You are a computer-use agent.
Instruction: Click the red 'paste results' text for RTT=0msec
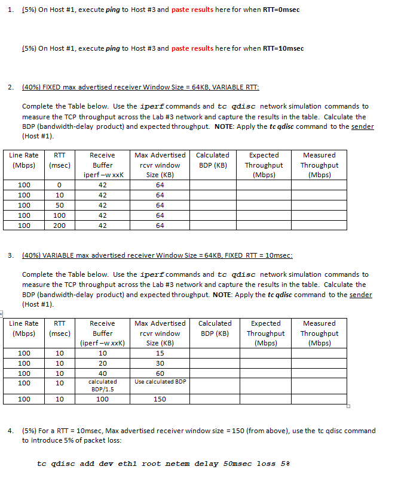click(x=192, y=10)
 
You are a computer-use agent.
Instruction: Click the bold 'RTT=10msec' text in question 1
click(x=283, y=48)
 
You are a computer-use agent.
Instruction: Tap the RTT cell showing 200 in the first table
click(x=60, y=226)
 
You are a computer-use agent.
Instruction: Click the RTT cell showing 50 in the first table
click(x=60, y=205)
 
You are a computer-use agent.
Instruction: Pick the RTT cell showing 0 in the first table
click(x=60, y=185)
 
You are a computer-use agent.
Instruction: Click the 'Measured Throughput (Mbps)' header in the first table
click(x=319, y=165)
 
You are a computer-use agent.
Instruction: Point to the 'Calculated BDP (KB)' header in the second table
click(x=215, y=328)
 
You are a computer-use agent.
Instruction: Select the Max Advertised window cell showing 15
click(x=160, y=353)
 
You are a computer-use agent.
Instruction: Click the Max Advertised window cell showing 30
click(x=160, y=363)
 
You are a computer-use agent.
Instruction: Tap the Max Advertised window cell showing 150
click(x=160, y=399)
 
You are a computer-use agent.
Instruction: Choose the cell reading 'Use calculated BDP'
click(x=160, y=382)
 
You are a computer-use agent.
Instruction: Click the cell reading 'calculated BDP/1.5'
click(x=102, y=385)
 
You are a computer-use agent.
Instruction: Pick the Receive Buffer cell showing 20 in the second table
click(x=102, y=363)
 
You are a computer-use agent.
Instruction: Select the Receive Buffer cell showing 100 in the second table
click(x=102, y=399)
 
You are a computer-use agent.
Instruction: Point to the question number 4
click(x=11, y=430)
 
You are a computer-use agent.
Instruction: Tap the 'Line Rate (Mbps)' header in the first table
click(x=24, y=160)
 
